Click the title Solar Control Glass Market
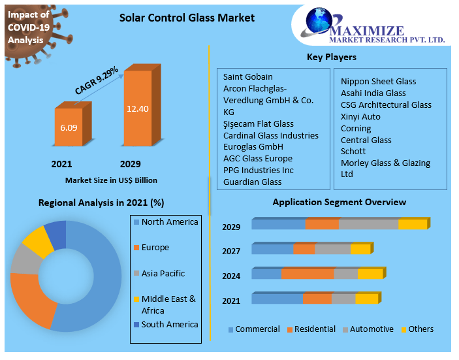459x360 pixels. [x=187, y=18]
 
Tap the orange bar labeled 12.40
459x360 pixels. [x=138, y=108]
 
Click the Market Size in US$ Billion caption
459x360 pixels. [x=111, y=180]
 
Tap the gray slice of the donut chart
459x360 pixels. [x=24, y=259]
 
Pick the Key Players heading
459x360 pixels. [x=331, y=57]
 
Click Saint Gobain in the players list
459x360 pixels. [x=247, y=76]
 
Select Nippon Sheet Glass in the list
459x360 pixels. [x=378, y=81]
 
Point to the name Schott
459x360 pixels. [x=355, y=151]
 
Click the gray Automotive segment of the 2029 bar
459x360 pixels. [x=368, y=225]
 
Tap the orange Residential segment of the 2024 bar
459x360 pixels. [x=308, y=274]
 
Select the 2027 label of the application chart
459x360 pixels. [x=231, y=251]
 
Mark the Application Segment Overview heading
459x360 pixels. [x=339, y=202]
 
